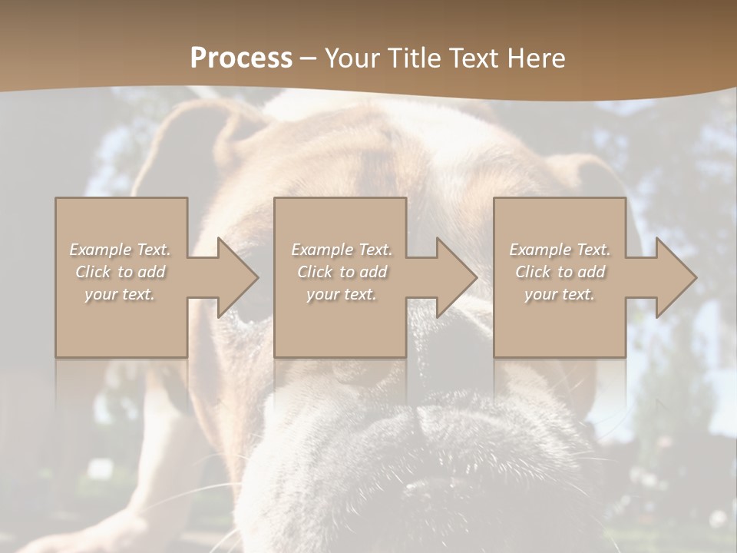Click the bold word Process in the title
click(x=241, y=58)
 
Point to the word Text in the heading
click(x=474, y=58)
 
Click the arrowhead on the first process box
click(x=237, y=277)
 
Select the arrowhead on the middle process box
click(x=457, y=277)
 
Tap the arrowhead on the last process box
click(x=676, y=277)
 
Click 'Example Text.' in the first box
click(x=121, y=250)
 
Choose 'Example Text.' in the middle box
click(x=341, y=250)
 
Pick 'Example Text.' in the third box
click(x=560, y=250)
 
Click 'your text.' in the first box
click(x=121, y=294)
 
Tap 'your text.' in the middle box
click(x=341, y=294)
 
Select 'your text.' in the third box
click(x=560, y=294)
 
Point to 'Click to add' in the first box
click(x=121, y=272)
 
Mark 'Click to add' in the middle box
click(x=341, y=272)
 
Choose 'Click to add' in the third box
click(x=560, y=272)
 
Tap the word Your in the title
click(x=352, y=58)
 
